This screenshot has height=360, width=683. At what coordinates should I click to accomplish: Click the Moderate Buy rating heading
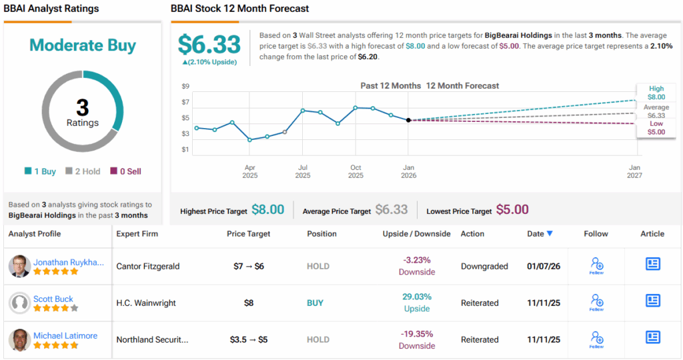coord(83,46)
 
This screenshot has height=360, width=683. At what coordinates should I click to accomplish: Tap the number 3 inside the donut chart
coord(83,107)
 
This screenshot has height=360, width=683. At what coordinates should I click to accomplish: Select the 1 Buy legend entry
coord(40,171)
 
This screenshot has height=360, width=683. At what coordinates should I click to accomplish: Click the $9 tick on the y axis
coord(185,86)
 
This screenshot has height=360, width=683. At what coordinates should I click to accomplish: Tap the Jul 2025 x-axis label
coord(303,171)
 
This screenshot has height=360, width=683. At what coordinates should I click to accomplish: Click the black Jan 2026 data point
coord(408,120)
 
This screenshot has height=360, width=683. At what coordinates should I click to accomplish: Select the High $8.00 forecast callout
coord(656,92)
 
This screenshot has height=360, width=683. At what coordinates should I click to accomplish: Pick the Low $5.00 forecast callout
coord(656,128)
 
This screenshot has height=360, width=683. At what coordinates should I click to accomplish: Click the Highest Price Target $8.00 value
coord(267,210)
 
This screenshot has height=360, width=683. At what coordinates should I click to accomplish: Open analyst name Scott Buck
coord(53,299)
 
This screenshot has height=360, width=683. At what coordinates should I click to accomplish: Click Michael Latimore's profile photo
coord(20,340)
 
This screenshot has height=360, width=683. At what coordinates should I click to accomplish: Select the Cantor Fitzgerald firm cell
coord(148,266)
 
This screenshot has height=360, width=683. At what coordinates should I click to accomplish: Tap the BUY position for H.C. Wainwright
coord(315,303)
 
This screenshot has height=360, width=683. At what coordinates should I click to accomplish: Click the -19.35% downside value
coord(417,333)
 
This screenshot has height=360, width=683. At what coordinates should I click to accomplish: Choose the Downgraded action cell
coord(484,266)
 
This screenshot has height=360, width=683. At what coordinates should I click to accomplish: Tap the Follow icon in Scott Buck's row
coord(597,302)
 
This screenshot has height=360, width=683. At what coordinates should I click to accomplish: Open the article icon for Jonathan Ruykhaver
coord(653,264)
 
